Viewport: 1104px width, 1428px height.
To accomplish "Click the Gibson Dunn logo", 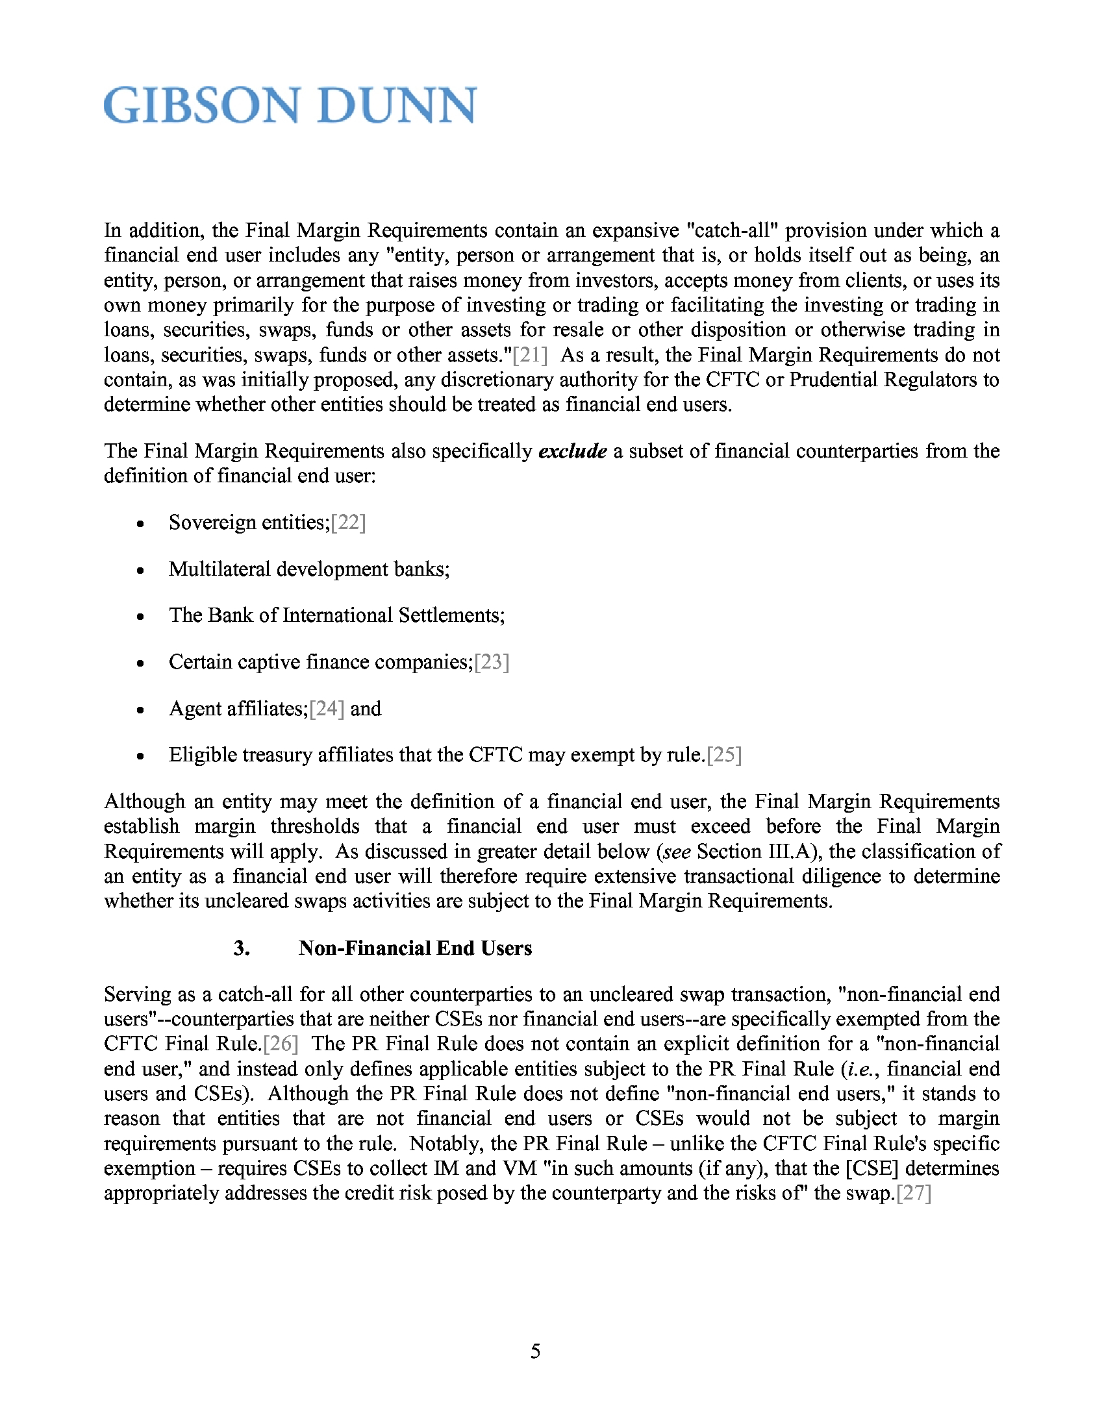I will pyautogui.click(x=290, y=105).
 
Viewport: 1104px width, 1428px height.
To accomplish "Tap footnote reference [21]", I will pyautogui.click(x=530, y=355).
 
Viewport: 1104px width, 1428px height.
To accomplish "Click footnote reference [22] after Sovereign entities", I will pyautogui.click(x=349, y=523).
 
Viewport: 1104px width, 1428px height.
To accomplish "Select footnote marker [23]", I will pyautogui.click(x=492, y=662).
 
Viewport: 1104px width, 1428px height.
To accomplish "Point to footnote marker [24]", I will pyautogui.click(x=327, y=709).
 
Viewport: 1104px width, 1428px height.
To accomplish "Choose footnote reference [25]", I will pyautogui.click(x=724, y=755).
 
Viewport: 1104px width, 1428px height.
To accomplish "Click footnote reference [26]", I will pyautogui.click(x=281, y=1044).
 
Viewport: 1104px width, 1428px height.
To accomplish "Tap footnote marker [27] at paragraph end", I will pyautogui.click(x=914, y=1193).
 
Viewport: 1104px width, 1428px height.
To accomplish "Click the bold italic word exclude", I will pyautogui.click(x=572, y=451).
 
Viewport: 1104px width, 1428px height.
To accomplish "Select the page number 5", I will pyautogui.click(x=536, y=1351).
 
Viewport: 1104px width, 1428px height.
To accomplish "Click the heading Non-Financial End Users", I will pyautogui.click(x=415, y=949).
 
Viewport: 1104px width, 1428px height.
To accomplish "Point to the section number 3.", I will pyautogui.click(x=242, y=949).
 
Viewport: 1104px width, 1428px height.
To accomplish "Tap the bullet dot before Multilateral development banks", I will pyautogui.click(x=140, y=571).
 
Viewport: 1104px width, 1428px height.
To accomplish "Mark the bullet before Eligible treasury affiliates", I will pyautogui.click(x=140, y=756).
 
